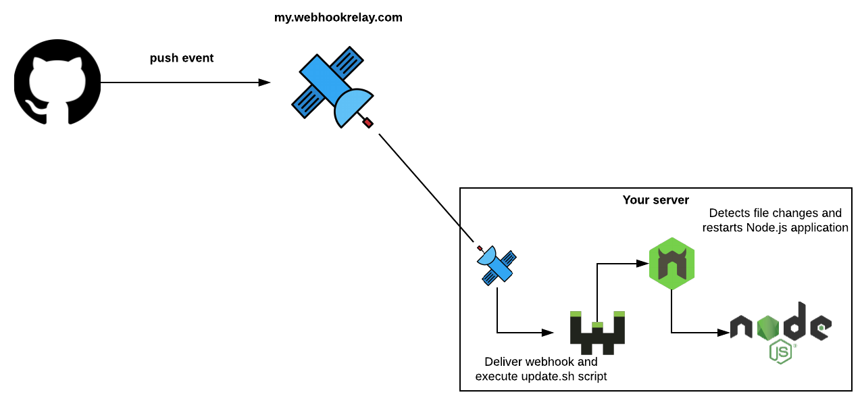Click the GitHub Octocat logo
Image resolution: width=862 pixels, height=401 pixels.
coord(57,82)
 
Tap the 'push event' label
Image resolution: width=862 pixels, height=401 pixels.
coord(182,58)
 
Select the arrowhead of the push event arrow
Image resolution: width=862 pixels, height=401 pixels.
coord(264,82)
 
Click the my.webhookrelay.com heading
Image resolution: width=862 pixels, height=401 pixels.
coord(338,18)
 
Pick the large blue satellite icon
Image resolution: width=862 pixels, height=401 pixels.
coord(332,87)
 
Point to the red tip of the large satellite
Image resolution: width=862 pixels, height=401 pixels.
coord(368,122)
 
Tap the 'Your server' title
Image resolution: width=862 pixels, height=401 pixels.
coord(655,200)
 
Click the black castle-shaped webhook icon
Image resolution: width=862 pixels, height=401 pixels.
coord(597,332)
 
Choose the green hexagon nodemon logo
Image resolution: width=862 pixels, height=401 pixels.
coord(671,264)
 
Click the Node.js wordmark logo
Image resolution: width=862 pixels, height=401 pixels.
coord(780,325)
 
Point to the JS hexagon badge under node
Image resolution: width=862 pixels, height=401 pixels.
coord(780,352)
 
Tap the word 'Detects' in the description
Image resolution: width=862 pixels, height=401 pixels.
coord(729,214)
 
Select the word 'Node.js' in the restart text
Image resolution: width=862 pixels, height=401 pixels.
coord(766,228)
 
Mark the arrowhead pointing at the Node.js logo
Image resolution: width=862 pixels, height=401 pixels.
coord(722,332)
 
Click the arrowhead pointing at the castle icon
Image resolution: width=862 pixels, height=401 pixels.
coord(548,332)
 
